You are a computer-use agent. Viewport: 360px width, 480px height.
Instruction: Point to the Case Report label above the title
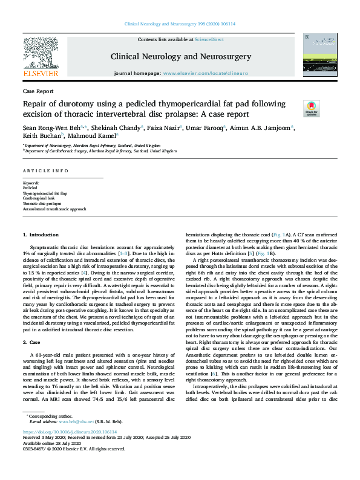tap(37, 91)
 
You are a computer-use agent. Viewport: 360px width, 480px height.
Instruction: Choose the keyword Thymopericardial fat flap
tap(46, 193)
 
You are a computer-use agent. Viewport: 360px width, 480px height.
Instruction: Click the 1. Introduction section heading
tap(41, 234)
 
